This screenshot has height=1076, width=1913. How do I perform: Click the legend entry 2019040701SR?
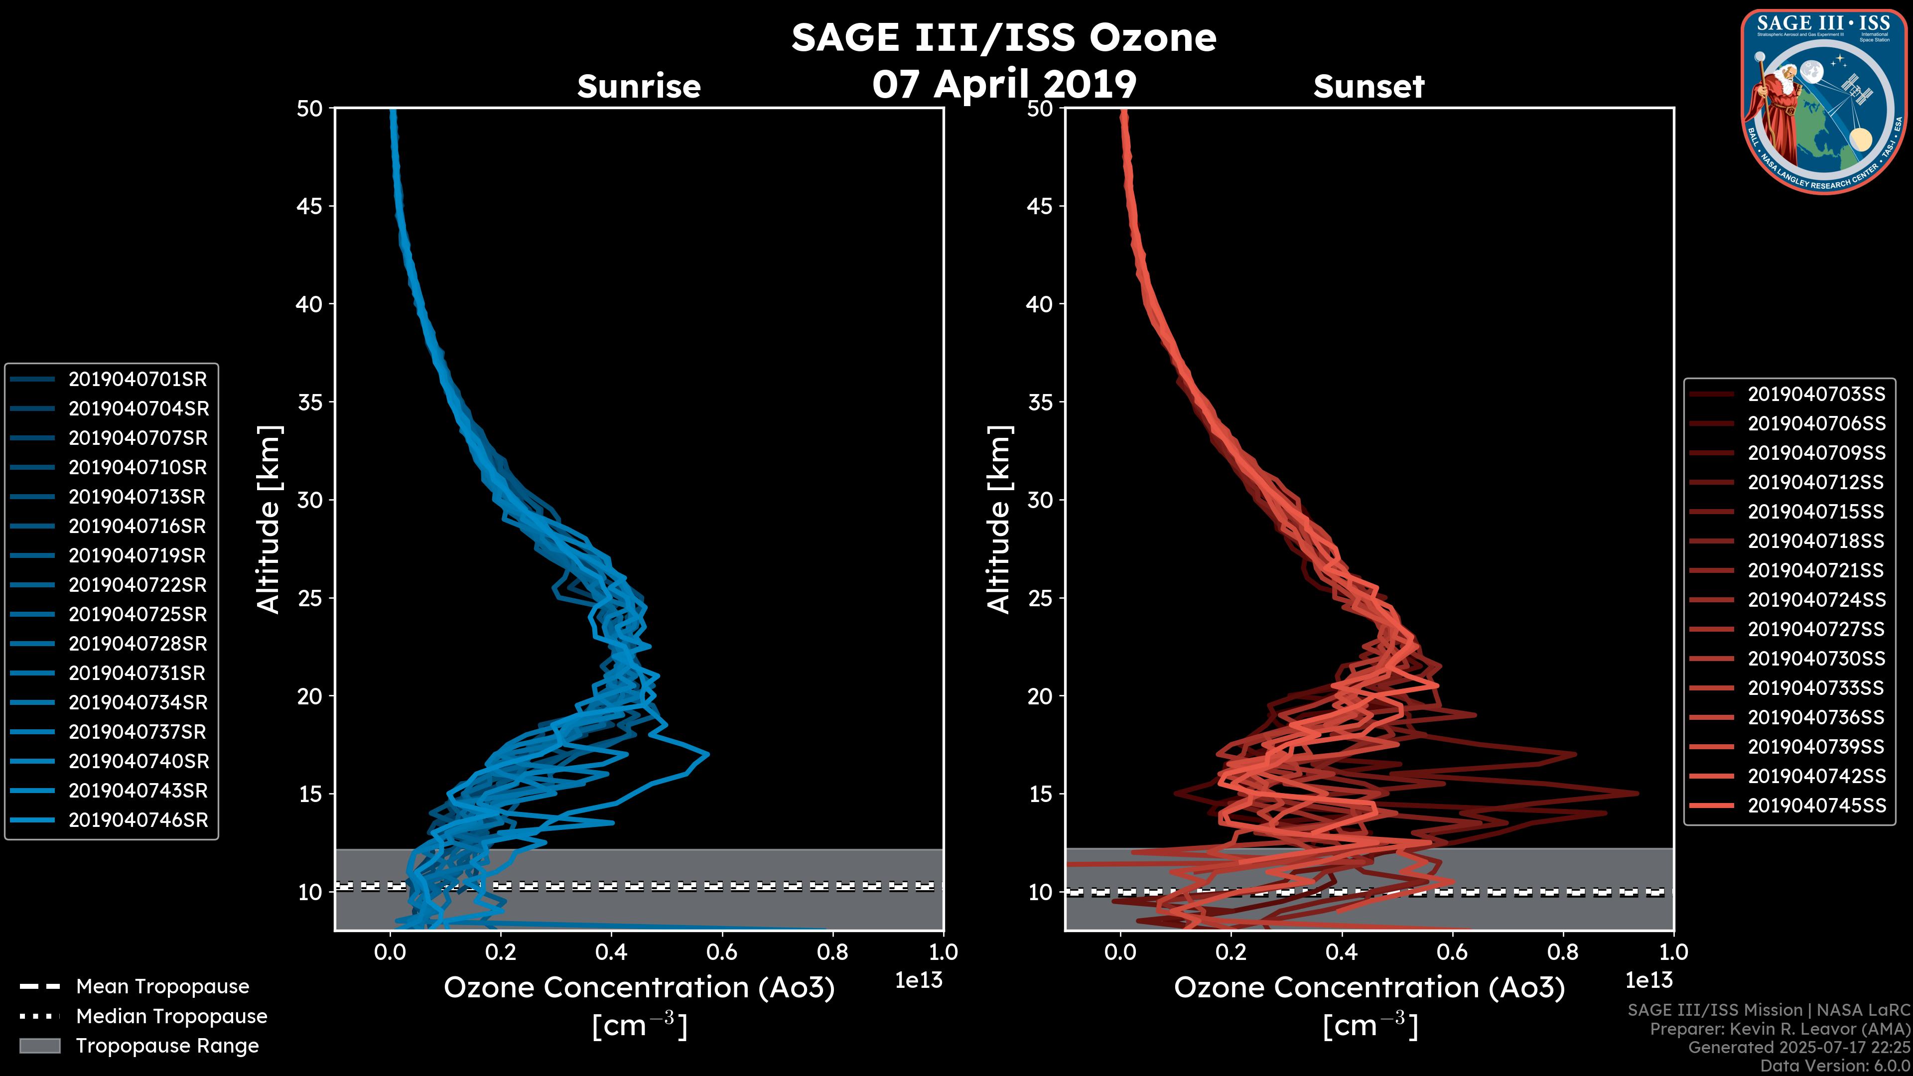[137, 380]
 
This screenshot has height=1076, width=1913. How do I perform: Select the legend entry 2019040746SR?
[138, 820]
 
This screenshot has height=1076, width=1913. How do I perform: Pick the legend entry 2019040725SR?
[137, 615]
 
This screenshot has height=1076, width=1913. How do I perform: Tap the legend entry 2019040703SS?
[1816, 395]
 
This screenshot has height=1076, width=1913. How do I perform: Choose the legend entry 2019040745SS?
[1816, 806]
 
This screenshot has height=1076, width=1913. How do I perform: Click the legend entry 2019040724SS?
[1816, 600]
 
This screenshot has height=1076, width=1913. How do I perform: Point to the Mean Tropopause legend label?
[162, 987]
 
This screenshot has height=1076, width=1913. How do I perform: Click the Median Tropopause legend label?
[171, 1017]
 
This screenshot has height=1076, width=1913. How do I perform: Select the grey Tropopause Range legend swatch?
[39, 1046]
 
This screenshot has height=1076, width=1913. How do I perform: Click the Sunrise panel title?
[639, 87]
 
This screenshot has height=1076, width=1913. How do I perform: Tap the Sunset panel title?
[1368, 87]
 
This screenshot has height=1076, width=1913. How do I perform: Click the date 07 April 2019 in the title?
[1004, 84]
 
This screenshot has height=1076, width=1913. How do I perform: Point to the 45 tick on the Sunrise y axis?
[310, 206]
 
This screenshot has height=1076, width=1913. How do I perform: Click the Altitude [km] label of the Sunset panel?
[999, 520]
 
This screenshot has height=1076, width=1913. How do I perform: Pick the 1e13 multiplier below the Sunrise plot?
[918, 981]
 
